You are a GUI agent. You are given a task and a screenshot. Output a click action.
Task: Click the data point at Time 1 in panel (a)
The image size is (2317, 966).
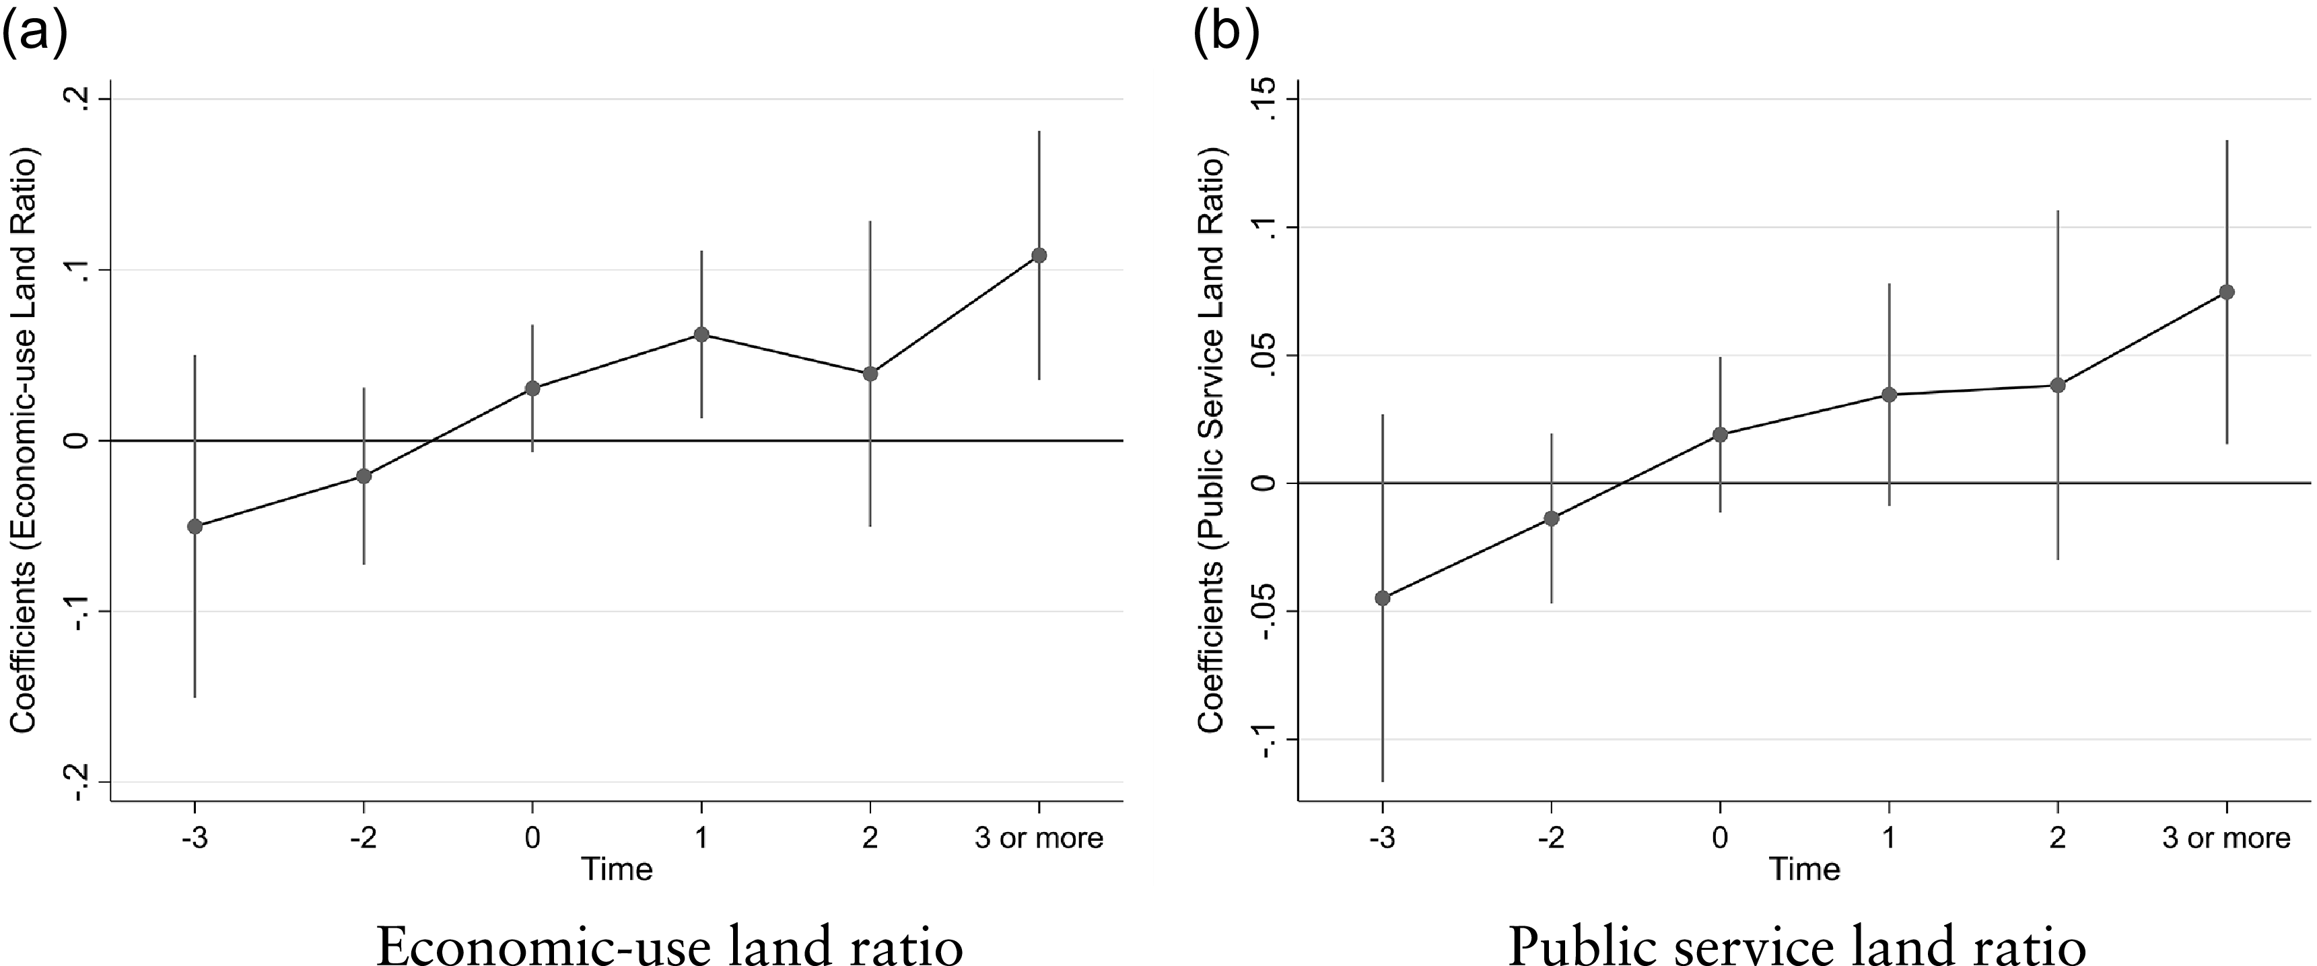701,335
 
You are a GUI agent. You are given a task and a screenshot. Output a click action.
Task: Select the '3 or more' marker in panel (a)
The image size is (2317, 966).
1039,255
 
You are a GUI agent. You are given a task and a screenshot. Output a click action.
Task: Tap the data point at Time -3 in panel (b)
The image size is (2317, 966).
1383,598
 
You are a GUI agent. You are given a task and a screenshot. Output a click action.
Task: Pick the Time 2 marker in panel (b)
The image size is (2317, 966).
2057,386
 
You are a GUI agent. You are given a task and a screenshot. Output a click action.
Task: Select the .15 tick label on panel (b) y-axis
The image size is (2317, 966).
1266,99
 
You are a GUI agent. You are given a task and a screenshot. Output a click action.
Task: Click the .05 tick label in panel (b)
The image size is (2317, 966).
1266,355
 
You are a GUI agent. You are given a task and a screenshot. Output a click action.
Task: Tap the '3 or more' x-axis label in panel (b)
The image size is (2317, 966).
2226,838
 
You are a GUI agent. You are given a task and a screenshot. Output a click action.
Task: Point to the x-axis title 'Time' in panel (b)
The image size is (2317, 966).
1804,869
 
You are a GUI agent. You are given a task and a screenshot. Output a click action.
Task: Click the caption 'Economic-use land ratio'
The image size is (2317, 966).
669,945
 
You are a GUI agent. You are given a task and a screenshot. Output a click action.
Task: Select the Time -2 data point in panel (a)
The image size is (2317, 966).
364,476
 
